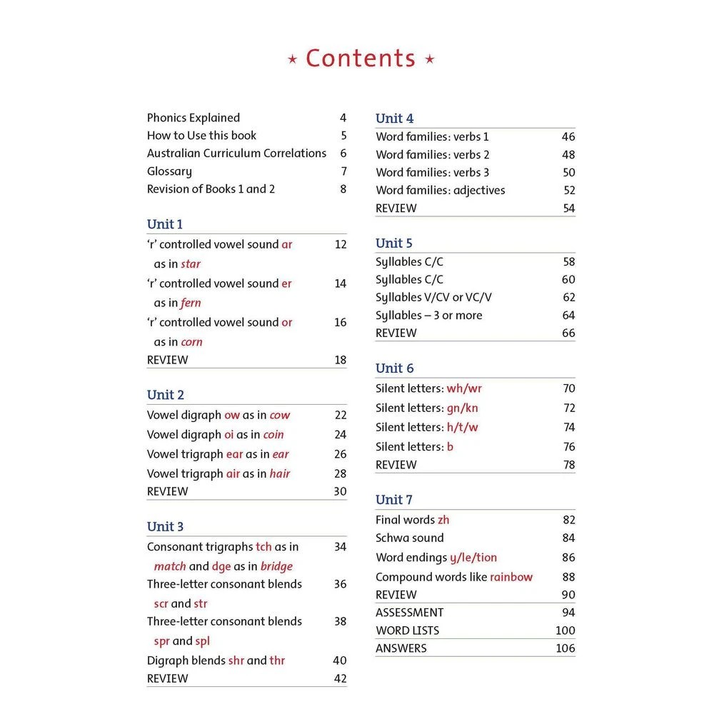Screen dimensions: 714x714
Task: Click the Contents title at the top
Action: tap(361, 59)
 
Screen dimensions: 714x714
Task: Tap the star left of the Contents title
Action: tap(292, 60)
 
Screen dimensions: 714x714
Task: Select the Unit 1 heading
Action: tap(165, 224)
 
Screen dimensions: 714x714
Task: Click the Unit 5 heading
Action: tap(394, 243)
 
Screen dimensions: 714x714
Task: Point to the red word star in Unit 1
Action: tap(191, 264)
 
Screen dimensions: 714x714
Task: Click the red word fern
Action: tap(191, 303)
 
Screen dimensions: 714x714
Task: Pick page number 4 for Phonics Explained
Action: tap(343, 118)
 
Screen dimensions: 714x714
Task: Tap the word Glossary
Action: tap(169, 171)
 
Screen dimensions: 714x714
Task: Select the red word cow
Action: tap(280, 415)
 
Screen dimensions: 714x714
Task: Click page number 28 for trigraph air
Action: tap(341, 473)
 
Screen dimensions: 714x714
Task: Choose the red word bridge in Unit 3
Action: tap(276, 566)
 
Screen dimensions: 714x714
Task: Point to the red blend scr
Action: tap(161, 603)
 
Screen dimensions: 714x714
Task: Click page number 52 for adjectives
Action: tap(569, 190)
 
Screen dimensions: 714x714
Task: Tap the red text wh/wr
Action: tap(465, 388)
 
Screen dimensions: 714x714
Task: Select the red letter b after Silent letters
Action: tap(451, 446)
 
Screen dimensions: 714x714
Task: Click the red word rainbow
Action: tap(511, 577)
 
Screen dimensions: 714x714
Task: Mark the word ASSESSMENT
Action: tap(410, 613)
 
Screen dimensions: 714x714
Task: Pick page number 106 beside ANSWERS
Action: tap(565, 648)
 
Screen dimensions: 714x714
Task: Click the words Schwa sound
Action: tap(410, 538)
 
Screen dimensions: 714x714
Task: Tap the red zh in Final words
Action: tap(444, 520)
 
